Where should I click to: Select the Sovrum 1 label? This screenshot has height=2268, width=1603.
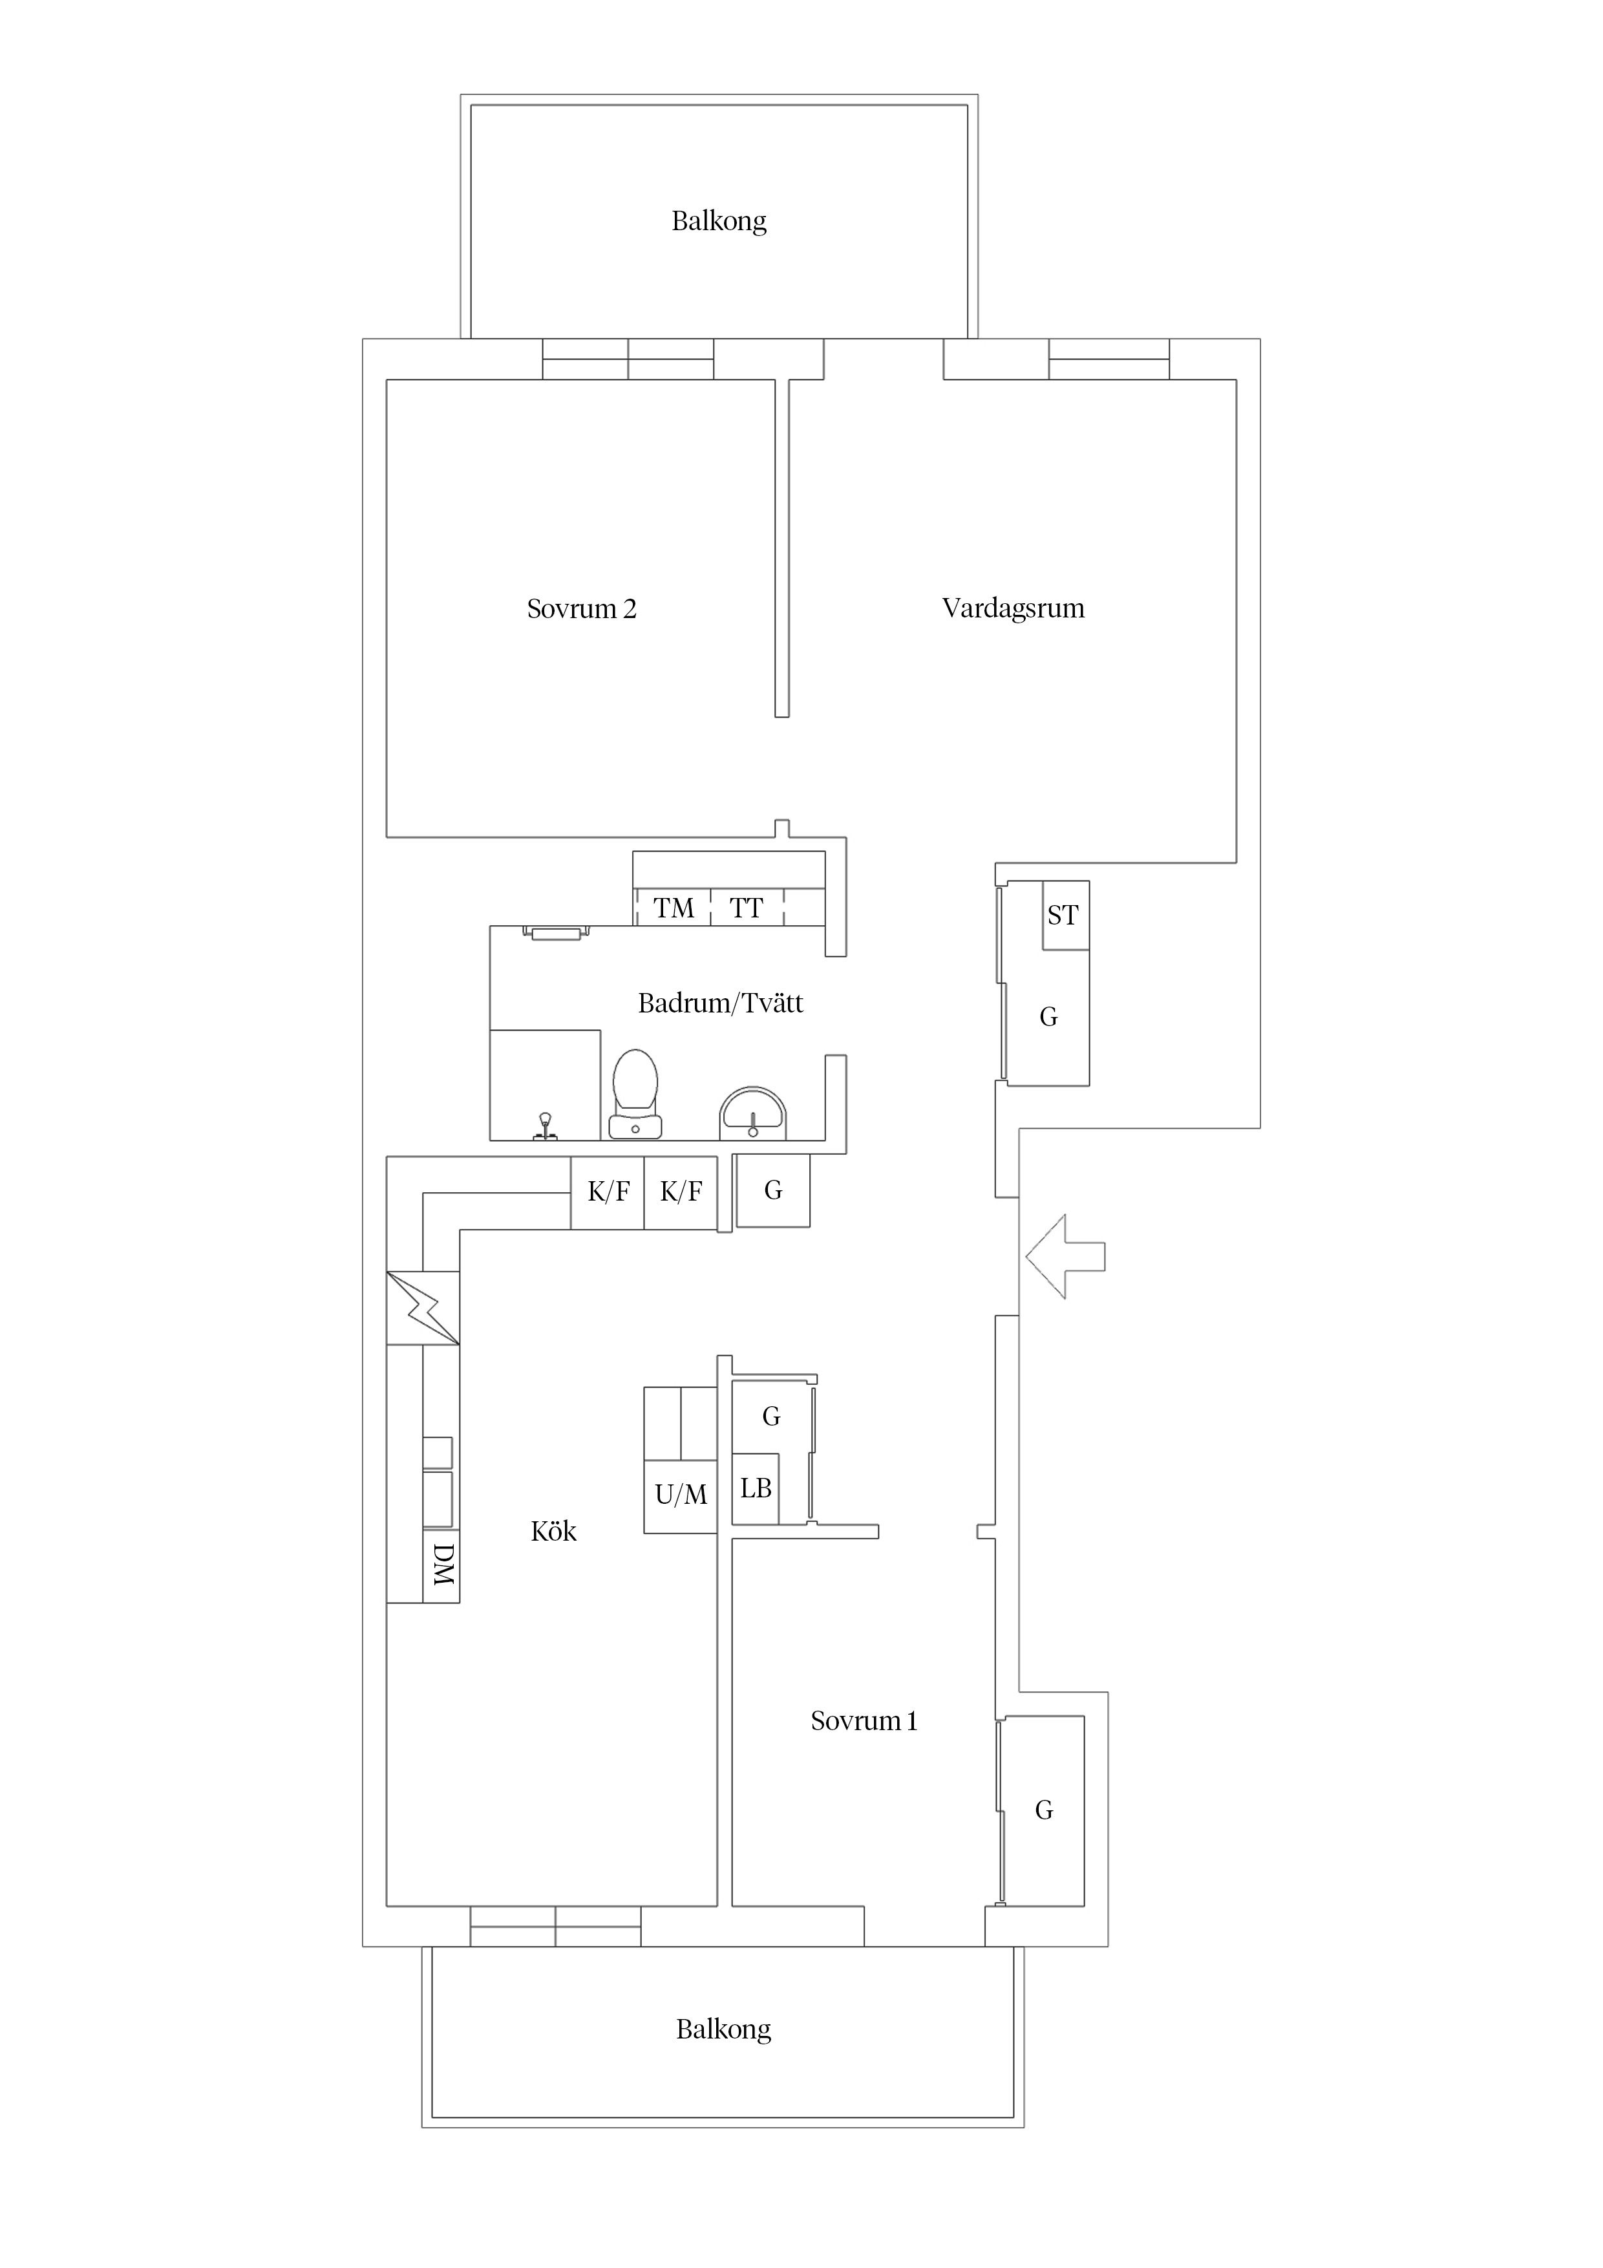[x=864, y=1721]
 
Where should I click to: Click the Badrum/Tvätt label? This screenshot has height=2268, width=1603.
[x=720, y=1003]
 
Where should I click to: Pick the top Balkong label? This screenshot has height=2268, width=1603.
[x=719, y=220]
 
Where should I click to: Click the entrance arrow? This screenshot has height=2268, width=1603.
[x=1065, y=1256]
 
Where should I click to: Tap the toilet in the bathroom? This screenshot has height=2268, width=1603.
[x=635, y=1095]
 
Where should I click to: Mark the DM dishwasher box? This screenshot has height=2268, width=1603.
[x=441, y=1566]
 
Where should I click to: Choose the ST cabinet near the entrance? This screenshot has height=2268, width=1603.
[x=1066, y=915]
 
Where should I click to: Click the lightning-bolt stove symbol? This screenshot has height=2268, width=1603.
[x=423, y=1308]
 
